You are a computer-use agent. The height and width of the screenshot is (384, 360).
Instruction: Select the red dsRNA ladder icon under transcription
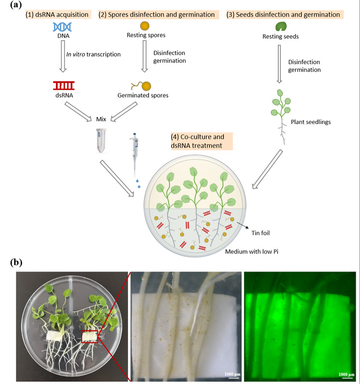point(63,86)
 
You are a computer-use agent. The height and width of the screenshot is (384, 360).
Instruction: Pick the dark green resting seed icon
point(280,26)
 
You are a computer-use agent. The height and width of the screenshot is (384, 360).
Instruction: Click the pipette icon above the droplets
point(134,154)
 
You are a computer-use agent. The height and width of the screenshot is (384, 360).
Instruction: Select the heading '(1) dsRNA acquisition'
point(58,14)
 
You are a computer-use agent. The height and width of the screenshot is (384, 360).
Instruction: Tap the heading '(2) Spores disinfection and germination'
point(157,14)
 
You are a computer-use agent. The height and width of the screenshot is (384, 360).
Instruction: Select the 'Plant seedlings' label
point(311,121)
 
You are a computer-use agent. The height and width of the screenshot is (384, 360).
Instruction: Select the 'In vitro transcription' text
point(93,54)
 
